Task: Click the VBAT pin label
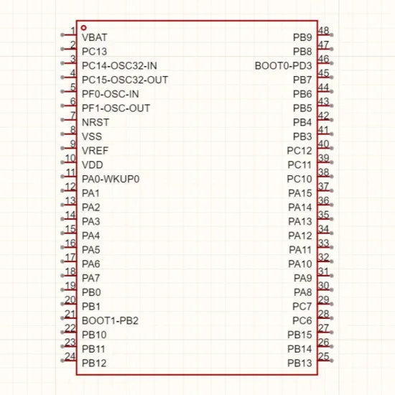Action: [95, 37]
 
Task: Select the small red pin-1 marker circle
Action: [83, 28]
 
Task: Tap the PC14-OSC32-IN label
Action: [119, 66]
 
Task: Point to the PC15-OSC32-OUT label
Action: [125, 80]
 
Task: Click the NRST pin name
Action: [96, 122]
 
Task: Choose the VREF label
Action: [95, 151]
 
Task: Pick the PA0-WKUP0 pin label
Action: [111, 179]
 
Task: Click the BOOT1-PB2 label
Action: [110, 321]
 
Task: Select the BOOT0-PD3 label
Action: [284, 66]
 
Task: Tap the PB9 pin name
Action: [302, 37]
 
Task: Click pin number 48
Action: [324, 30]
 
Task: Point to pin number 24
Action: [70, 356]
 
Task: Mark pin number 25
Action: [324, 356]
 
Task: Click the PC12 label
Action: [299, 151]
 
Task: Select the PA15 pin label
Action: [300, 193]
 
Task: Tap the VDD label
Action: [93, 165]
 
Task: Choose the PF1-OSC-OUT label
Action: [116, 108]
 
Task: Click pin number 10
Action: [70, 158]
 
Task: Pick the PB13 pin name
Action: [299, 363]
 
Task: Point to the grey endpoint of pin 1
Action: [62, 34]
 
